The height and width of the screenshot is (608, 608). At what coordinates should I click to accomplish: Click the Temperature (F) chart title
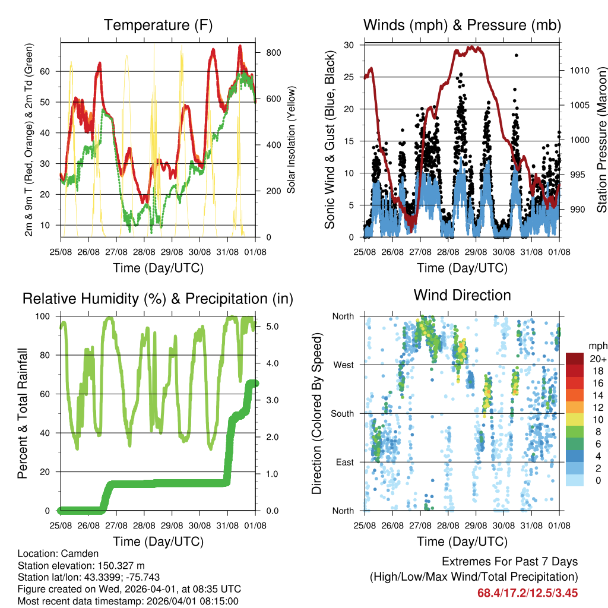click(158, 25)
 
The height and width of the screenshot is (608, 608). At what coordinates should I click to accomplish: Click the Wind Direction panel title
click(462, 294)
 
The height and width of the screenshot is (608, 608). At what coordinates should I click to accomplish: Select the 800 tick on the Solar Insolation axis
click(273, 52)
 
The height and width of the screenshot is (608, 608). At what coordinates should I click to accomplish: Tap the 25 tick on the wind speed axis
click(350, 77)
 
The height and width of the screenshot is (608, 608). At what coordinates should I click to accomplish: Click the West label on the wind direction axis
click(343, 365)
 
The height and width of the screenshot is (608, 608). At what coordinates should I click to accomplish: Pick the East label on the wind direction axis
click(344, 462)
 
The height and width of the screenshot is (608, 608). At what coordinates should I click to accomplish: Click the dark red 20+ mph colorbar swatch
click(575, 359)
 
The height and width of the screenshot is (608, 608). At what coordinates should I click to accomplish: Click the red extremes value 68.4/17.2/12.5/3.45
click(527, 593)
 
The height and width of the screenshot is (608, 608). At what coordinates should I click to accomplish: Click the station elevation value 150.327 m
click(116, 565)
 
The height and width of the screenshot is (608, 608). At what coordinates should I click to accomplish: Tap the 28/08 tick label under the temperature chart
click(144, 252)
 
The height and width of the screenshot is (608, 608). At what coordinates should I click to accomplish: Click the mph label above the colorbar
click(597, 346)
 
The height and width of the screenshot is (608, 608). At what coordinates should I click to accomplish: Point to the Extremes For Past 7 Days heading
click(509, 562)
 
